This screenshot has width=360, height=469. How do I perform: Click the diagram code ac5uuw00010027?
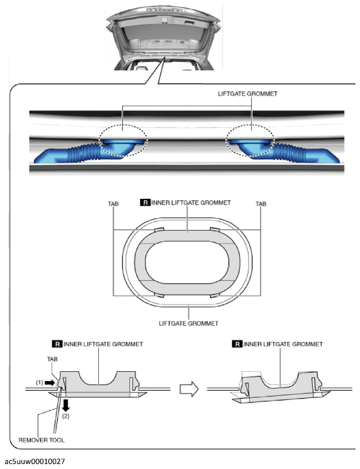pyautogui.click(x=35, y=461)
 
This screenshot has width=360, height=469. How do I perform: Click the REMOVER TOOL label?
pyautogui.click(x=42, y=440)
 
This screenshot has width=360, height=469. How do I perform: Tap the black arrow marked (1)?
pyautogui.click(x=50, y=382)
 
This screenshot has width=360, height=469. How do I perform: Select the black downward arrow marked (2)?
pyautogui.click(x=66, y=406)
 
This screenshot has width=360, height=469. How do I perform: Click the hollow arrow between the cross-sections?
pyautogui.click(x=189, y=389)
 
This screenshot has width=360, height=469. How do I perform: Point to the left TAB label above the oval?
pyautogui.click(x=113, y=204)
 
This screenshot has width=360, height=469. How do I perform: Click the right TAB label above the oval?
pyautogui.click(x=261, y=204)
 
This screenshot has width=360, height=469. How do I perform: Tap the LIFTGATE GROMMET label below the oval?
pyautogui.click(x=188, y=323)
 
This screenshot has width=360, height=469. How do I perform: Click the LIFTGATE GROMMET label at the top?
pyautogui.click(x=248, y=94)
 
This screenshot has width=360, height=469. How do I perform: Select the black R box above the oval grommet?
pyautogui.click(x=145, y=203)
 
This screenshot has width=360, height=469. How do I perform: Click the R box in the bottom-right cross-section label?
pyautogui.click(x=237, y=344)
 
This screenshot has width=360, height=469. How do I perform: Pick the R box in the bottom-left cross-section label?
pyautogui.click(x=57, y=344)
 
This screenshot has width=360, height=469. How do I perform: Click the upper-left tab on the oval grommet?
pyautogui.click(x=159, y=230)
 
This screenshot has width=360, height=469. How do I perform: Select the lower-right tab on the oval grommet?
pyautogui.click(x=216, y=296)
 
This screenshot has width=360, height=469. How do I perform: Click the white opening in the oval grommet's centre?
pyautogui.click(x=187, y=263)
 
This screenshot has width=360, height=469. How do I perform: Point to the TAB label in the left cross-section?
pyautogui.click(x=53, y=359)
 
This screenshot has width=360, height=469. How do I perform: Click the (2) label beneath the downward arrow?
pyautogui.click(x=65, y=416)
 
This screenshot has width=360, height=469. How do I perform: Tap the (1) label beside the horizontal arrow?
pyautogui.click(x=40, y=383)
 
